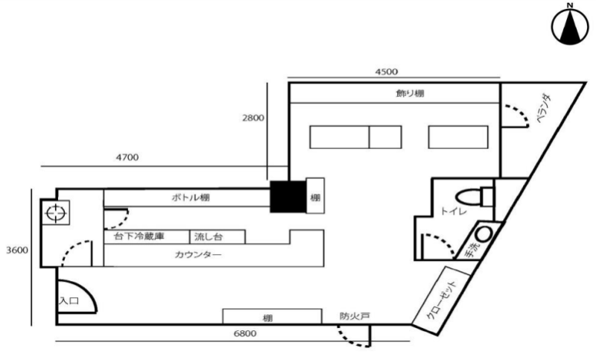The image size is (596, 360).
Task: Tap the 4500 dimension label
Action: (386, 72)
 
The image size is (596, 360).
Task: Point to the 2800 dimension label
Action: (253, 118)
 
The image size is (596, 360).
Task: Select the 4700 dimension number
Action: (127, 157)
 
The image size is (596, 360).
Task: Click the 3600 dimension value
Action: (17, 250)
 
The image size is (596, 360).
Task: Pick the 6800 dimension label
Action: (245, 333)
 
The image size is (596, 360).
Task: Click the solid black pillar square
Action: (288, 197)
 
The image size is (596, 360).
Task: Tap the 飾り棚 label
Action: (410, 93)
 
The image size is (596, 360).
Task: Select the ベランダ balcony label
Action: (544, 109)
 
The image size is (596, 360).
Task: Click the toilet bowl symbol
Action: (475, 198)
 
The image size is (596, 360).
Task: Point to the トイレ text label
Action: (454, 210)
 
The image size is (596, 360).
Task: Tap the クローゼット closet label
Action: (442, 300)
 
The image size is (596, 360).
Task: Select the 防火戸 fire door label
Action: (355, 316)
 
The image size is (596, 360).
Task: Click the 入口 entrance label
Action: (69, 300)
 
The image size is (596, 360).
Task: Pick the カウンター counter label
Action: (198, 254)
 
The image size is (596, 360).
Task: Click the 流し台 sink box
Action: (218, 237)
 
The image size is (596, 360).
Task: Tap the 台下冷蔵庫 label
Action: (139, 236)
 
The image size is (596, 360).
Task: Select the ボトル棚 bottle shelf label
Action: (191, 198)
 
